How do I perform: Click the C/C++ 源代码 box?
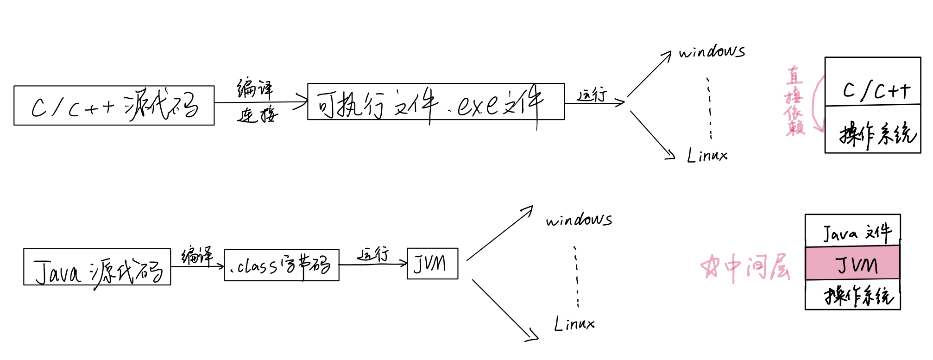(114, 106)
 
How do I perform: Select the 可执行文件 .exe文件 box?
(435, 102)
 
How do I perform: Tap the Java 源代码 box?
(97, 267)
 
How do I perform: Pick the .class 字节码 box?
(281, 265)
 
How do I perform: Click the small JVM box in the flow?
(432, 264)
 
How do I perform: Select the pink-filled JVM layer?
(852, 263)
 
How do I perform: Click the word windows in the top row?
(712, 51)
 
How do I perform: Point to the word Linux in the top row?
(707, 155)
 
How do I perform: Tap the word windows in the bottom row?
(579, 219)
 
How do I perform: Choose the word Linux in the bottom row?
(574, 323)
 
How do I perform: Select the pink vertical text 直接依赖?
(794, 101)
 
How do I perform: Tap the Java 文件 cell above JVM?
(852, 231)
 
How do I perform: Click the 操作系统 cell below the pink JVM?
(852, 295)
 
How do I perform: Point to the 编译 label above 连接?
(255, 88)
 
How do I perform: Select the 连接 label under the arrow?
(257, 114)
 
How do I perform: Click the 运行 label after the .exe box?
(592, 95)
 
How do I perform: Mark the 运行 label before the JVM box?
(373, 254)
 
